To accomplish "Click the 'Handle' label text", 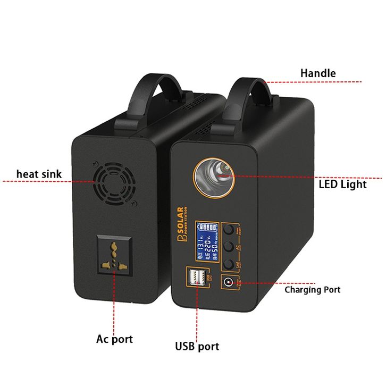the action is click(318, 73).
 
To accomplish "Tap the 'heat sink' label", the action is click(39, 174).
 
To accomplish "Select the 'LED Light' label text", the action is click(342, 184).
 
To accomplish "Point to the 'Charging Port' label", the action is click(312, 290).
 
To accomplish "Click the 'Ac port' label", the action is click(114, 339).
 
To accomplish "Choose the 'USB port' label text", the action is click(197, 347).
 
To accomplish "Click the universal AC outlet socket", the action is click(114, 257).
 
